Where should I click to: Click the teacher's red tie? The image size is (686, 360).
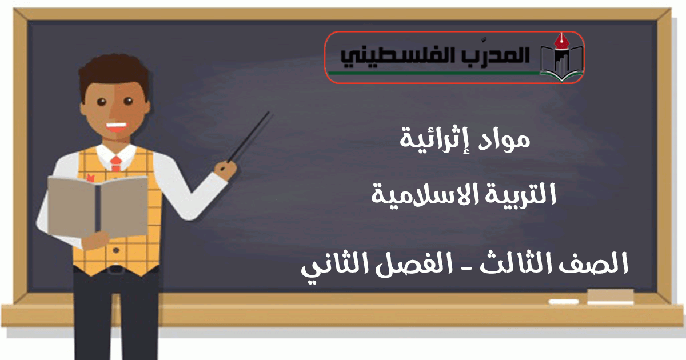point(116,163)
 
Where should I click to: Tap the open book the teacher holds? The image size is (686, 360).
point(97,206)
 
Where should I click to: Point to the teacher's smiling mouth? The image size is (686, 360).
point(116,127)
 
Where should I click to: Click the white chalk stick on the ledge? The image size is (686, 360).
point(564,302)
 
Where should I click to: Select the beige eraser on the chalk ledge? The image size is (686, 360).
point(611,297)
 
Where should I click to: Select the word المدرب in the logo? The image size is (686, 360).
point(486,55)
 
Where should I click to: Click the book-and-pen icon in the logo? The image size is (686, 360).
point(561,58)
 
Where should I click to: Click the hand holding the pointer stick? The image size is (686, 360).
point(226,170)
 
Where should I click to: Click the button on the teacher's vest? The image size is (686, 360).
point(116,250)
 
